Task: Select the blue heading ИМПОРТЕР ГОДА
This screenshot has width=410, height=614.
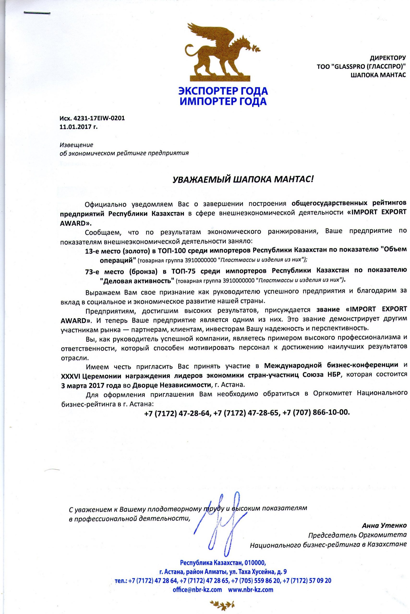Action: point(223,101)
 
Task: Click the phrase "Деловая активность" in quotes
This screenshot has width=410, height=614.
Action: point(137,280)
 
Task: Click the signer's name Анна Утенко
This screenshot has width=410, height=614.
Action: point(384,533)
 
